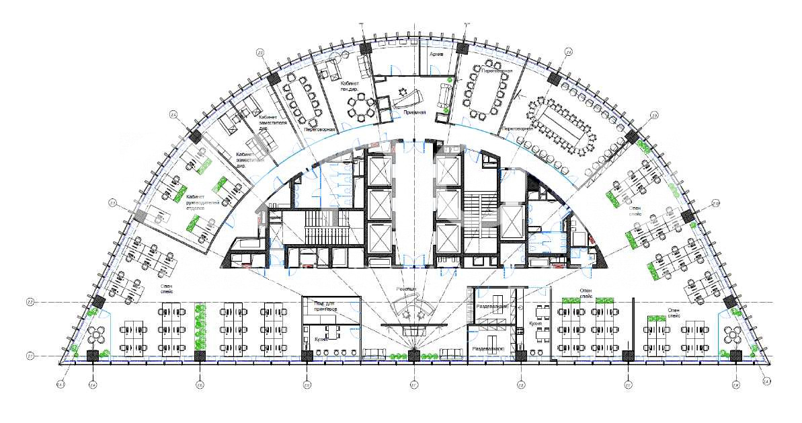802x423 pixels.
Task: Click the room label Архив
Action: click(x=436, y=54)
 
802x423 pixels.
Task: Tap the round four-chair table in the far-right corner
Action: click(x=732, y=333)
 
